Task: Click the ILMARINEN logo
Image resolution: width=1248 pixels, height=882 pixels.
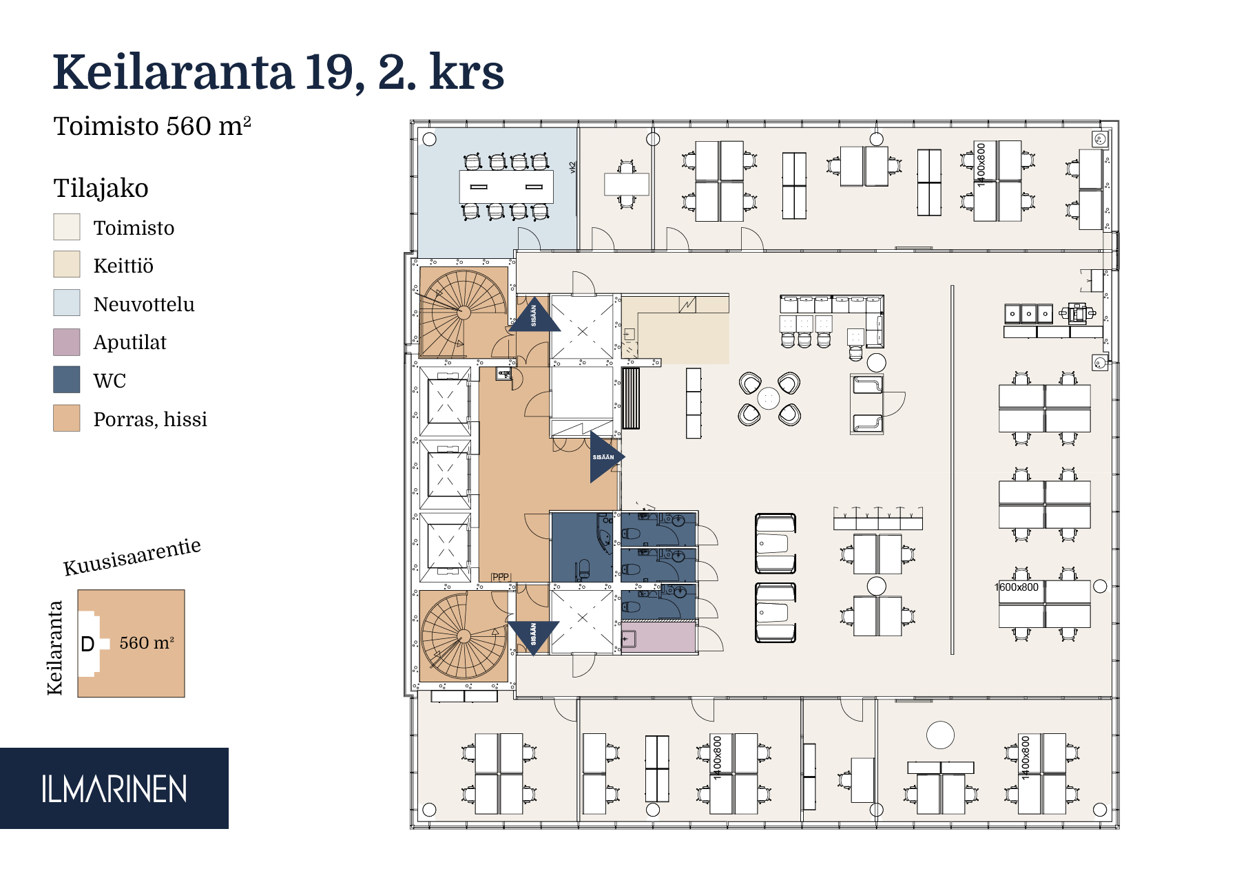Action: click(114, 789)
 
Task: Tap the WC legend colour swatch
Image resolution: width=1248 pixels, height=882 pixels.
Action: click(67, 380)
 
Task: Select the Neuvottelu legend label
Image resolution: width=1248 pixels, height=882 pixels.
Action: click(144, 304)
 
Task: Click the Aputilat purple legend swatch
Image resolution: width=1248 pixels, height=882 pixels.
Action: click(67, 342)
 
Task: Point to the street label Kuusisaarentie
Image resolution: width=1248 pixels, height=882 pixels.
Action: click(132, 557)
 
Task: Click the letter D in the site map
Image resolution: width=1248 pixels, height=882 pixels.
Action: click(87, 644)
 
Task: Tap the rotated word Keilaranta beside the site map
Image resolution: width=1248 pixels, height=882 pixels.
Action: click(55, 648)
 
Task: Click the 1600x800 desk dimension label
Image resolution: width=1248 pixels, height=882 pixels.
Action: click(1017, 587)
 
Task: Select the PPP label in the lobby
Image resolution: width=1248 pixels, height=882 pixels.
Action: click(500, 577)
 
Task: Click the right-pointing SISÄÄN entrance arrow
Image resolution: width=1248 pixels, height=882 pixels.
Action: click(604, 457)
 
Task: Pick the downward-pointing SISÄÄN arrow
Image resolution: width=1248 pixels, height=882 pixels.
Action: click(534, 635)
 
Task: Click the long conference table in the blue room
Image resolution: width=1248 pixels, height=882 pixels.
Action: click(506, 187)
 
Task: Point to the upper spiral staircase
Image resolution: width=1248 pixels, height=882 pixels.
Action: click(463, 313)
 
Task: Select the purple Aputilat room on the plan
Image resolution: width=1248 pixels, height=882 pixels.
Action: click(658, 637)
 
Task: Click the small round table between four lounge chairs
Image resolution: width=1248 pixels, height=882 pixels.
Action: click(768, 398)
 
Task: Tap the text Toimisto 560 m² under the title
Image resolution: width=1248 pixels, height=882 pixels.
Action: click(152, 127)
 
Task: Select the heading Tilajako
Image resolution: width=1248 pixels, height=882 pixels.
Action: click(101, 188)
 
